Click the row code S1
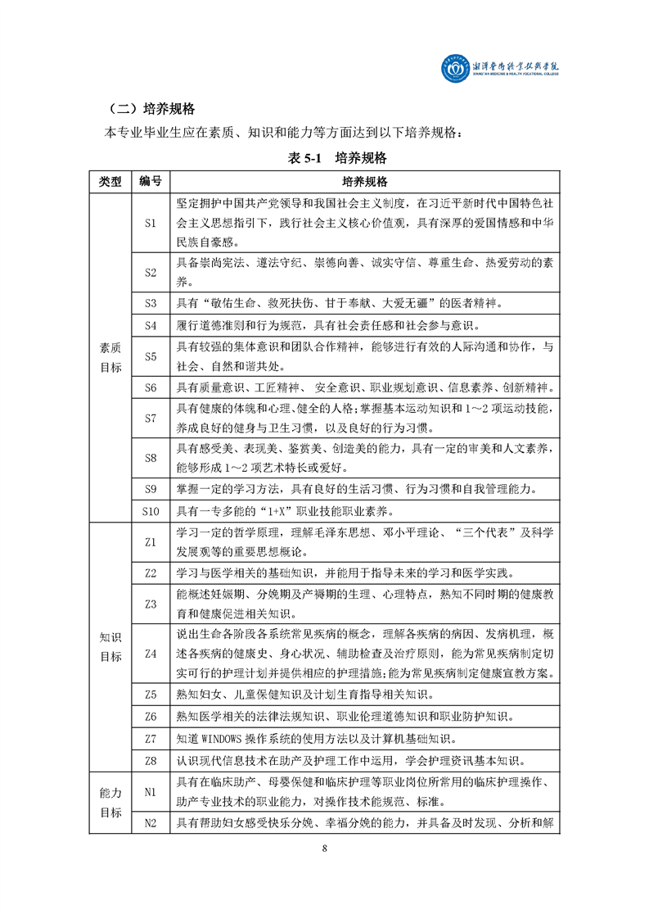(150, 222)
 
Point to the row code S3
(150, 303)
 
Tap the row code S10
(150, 512)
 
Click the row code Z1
(150, 542)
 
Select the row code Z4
(150, 654)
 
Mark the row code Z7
(150, 738)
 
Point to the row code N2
(150, 822)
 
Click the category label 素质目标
(110, 357)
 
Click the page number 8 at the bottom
(325, 871)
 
